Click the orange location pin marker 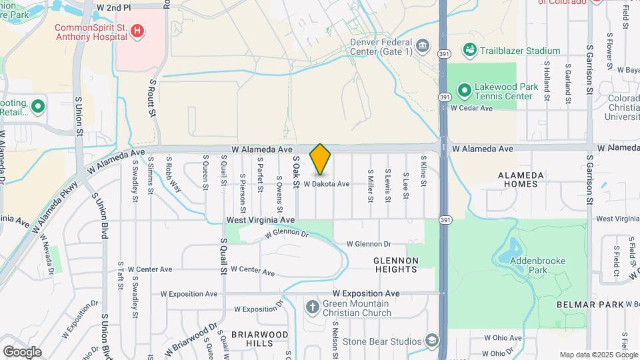[321, 159]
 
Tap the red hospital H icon [137, 31]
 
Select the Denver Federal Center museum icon [422, 45]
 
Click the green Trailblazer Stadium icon [470, 51]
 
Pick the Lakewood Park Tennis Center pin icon [464, 89]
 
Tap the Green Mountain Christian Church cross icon [312, 307]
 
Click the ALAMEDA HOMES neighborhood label [521, 179]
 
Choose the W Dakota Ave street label [327, 184]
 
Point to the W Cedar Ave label [471, 108]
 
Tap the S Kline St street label [423, 171]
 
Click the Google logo [22, 351]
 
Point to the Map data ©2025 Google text [597, 355]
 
